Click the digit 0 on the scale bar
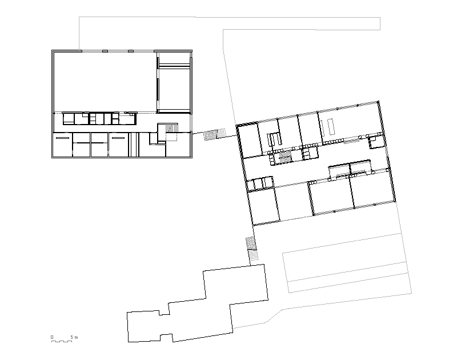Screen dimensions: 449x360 pos(52,337)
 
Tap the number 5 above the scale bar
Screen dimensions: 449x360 pos(72,337)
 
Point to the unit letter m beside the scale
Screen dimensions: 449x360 pos(76,337)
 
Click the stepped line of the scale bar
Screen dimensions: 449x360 pos(62,341)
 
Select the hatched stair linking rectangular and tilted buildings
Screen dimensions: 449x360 pos(214,134)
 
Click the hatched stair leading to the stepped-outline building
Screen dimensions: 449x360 pos(252,249)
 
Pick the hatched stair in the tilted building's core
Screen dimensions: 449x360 pos(284,158)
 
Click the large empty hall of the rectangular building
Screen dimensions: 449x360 pos(105,82)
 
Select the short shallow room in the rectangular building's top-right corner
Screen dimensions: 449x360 pos(174,59)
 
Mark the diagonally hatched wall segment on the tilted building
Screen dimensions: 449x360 pos(247,124)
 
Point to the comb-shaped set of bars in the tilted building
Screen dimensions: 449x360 pos(274,140)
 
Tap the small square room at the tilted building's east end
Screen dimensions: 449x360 pos(376,142)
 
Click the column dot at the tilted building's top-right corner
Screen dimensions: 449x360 pos(378,102)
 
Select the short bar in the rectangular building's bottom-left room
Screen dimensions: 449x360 pos(62,138)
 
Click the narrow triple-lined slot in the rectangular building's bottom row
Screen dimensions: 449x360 pos(134,145)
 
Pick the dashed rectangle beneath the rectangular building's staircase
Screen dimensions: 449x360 pos(171,137)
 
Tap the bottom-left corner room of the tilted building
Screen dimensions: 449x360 pos(264,207)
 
